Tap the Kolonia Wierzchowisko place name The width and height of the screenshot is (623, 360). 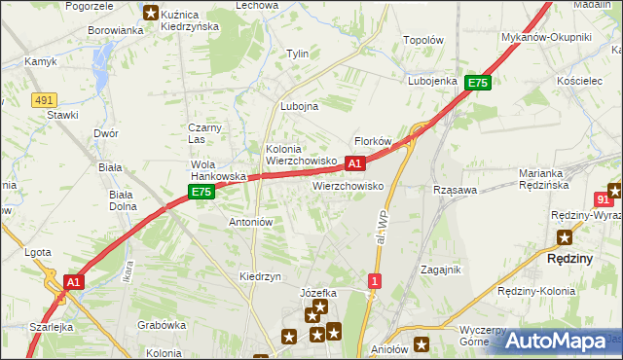pos(302,155)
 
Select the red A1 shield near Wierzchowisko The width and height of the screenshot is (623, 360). pos(355,163)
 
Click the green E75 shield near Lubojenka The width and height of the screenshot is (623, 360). pos(477,84)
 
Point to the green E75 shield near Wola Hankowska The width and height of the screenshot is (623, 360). pos(201,193)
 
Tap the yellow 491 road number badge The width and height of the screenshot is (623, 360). pos(42,99)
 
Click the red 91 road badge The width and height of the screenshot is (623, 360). pos(604,198)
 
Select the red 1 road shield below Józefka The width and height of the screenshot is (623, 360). pos(374,281)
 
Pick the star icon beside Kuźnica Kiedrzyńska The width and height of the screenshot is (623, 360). pos(150,13)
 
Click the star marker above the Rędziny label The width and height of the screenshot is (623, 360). pos(565,236)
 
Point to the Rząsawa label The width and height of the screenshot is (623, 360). pos(454,191)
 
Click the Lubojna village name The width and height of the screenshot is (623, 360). pos(299,107)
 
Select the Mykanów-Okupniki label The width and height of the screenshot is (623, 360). pos(560,37)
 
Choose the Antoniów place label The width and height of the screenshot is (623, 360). pos(250,222)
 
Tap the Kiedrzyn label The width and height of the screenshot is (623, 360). pos(260,276)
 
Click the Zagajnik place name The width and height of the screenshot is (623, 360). pos(440,270)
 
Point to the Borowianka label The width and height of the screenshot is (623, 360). pos(116,30)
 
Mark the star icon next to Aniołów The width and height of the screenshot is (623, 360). pos(421,342)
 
